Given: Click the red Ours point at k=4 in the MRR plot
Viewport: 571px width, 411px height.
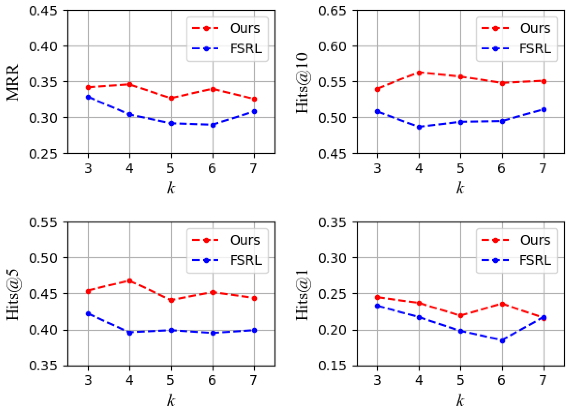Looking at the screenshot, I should [130, 85].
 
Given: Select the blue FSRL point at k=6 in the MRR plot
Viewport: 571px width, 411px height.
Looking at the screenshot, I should [213, 125].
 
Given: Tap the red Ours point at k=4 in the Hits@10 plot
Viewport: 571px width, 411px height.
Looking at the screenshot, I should [419, 73].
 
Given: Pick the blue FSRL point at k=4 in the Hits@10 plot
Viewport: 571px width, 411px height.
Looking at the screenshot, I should [419, 127].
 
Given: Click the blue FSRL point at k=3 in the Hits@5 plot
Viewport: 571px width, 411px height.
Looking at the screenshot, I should [88, 314].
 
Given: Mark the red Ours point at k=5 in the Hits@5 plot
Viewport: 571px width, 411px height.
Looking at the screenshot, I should [171, 300].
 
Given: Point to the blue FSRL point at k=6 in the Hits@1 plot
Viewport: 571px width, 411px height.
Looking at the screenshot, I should [502, 341].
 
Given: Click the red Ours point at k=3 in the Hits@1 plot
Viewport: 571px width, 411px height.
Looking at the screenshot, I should [377, 297].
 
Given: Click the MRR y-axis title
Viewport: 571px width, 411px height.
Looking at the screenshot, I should [13, 82].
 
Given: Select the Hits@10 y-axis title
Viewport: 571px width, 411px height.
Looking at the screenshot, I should [302, 83].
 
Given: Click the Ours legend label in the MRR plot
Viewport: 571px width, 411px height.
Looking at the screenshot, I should [245, 28].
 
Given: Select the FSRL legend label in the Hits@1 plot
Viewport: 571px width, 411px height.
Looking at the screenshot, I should [535, 260].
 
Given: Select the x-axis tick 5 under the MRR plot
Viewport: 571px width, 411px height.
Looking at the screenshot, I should [171, 168].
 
